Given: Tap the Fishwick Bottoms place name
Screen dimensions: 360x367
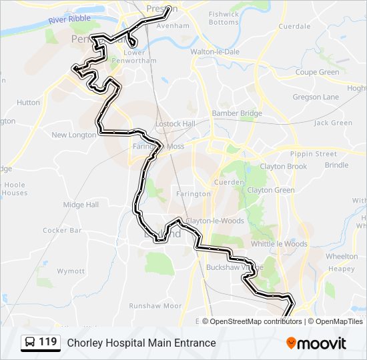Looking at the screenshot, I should pos(223,18).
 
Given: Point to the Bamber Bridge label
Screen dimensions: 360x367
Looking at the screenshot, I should pos(237,113).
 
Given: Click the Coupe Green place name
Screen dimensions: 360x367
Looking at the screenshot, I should pos(317,72).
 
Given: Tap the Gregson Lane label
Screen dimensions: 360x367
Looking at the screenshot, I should pos(316,97).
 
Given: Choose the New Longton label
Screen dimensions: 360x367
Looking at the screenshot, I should pos(73,135).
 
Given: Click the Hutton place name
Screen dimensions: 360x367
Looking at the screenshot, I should pos(28,103).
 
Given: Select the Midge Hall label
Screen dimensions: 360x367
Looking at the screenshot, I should pos(81,205).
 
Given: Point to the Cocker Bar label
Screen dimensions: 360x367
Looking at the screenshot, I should pos(62,231).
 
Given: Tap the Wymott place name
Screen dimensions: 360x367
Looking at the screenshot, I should pos(71,271).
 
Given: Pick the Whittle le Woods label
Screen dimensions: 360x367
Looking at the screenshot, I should pos(279,244).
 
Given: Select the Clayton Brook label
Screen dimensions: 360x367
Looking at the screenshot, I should pos(284,167).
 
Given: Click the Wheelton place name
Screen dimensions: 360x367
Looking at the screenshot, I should pos(342,256).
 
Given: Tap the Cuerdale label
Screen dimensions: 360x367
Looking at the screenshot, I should pos(294,27).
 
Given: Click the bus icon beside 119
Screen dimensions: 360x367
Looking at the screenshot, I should pos(30,343).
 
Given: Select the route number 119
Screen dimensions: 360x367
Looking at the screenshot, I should pos(48,342).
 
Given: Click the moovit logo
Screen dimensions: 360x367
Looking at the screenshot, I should pos(316,343).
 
